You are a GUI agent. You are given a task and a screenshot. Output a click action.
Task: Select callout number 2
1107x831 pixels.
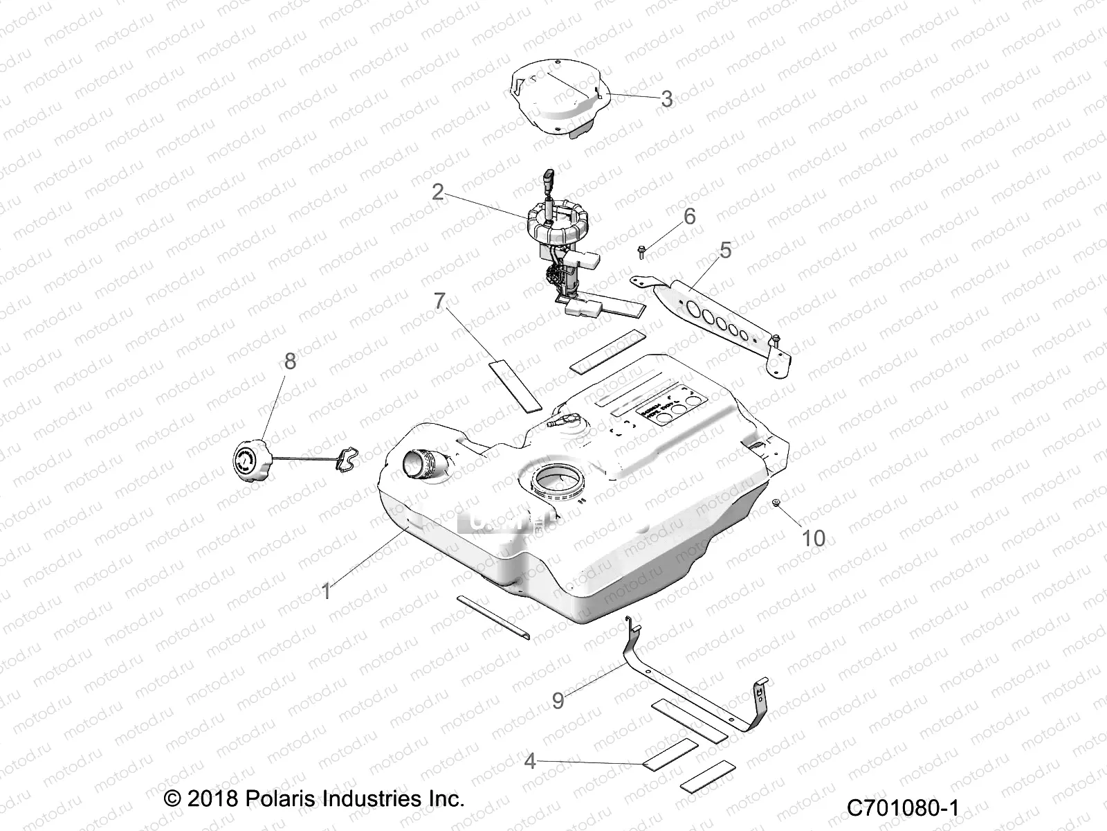point(437,192)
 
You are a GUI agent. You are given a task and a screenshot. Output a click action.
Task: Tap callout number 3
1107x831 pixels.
point(666,98)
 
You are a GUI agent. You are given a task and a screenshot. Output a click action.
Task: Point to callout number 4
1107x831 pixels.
point(530,762)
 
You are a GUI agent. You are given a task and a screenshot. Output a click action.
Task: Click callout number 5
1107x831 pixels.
point(725,250)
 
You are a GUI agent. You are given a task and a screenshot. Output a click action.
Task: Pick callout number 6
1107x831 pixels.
point(689,217)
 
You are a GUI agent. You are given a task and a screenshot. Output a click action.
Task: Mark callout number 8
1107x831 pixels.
point(290,361)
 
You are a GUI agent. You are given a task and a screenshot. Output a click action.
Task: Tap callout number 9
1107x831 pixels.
point(558,700)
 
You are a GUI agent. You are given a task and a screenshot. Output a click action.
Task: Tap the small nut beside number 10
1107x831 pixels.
point(778,503)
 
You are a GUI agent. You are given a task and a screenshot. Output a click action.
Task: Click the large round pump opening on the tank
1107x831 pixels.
point(557,478)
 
